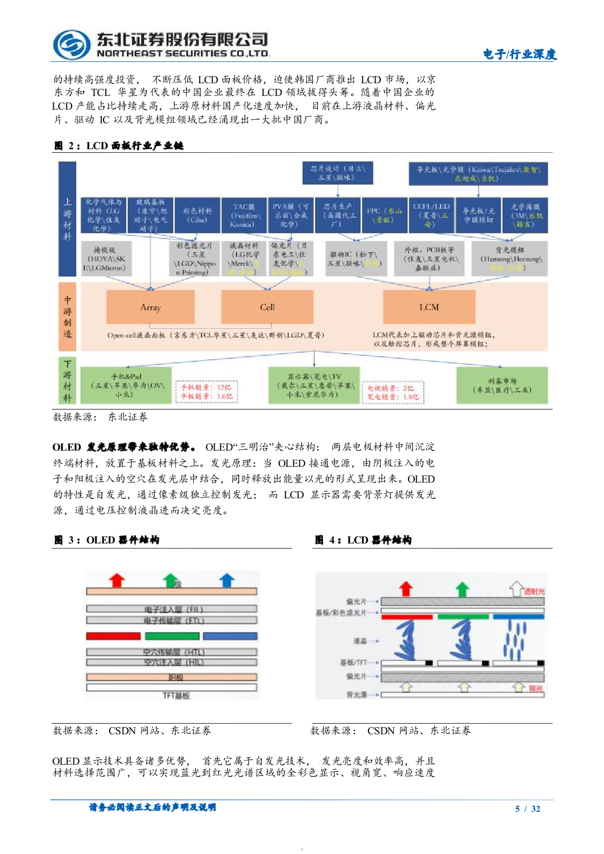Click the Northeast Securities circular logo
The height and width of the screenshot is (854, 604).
pyautogui.click(x=72, y=45)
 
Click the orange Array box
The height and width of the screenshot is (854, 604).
pyautogui.click(x=150, y=307)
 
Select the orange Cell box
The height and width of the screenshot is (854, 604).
pyautogui.click(x=267, y=307)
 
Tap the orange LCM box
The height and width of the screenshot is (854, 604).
pyautogui.click(x=429, y=307)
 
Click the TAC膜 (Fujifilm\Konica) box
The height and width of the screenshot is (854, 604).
pyautogui.click(x=244, y=216)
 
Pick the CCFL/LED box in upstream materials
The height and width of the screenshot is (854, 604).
pyautogui.click(x=430, y=216)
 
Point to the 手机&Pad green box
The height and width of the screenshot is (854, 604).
pyautogui.click(x=126, y=385)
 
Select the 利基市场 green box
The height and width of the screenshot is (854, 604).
pyautogui.click(x=501, y=385)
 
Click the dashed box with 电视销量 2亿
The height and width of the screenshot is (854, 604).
pyautogui.click(x=392, y=392)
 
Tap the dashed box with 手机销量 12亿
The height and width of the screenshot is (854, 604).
pyautogui.click(x=206, y=392)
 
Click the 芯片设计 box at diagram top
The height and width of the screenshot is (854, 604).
pyautogui.click(x=337, y=173)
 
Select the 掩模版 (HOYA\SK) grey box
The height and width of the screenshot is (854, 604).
pyautogui.click(x=105, y=259)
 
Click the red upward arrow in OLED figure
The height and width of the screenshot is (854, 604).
pyautogui.click(x=117, y=580)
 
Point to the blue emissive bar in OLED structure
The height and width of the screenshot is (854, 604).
pyautogui.click(x=230, y=636)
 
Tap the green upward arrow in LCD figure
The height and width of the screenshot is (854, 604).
pyautogui.click(x=462, y=589)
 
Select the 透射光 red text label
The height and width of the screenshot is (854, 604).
pyautogui.click(x=534, y=592)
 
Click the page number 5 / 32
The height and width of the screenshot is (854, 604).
pyautogui.click(x=527, y=809)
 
